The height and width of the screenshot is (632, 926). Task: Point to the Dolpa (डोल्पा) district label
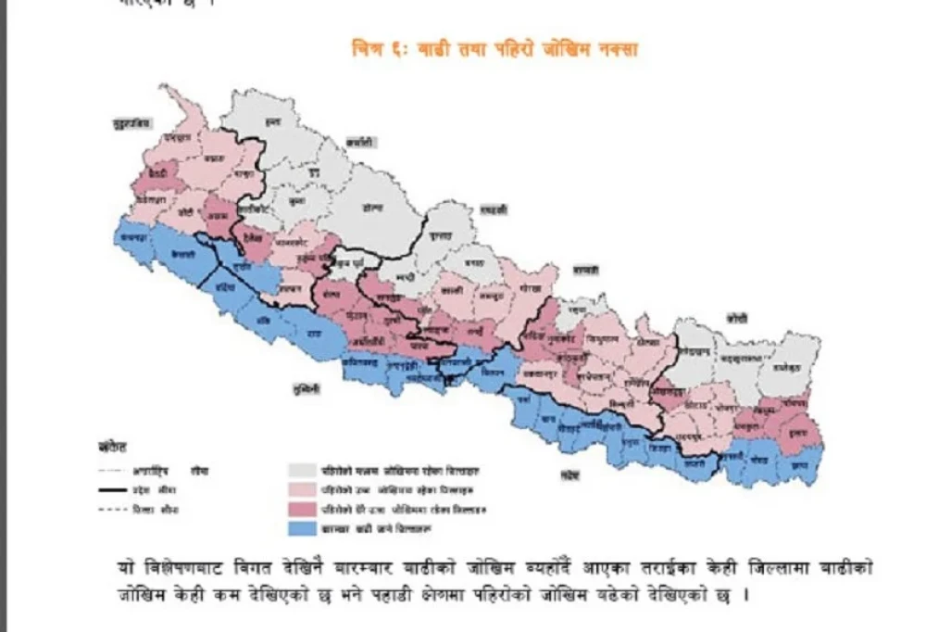pyautogui.click(x=373, y=209)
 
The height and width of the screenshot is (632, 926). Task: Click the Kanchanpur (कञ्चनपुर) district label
pyautogui.click(x=129, y=238)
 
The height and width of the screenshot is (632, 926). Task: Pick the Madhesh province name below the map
pyautogui.click(x=570, y=476)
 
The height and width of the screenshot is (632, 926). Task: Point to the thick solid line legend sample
pyautogui.click(x=120, y=490)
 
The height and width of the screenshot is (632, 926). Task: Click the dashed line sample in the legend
pyautogui.click(x=120, y=510)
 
